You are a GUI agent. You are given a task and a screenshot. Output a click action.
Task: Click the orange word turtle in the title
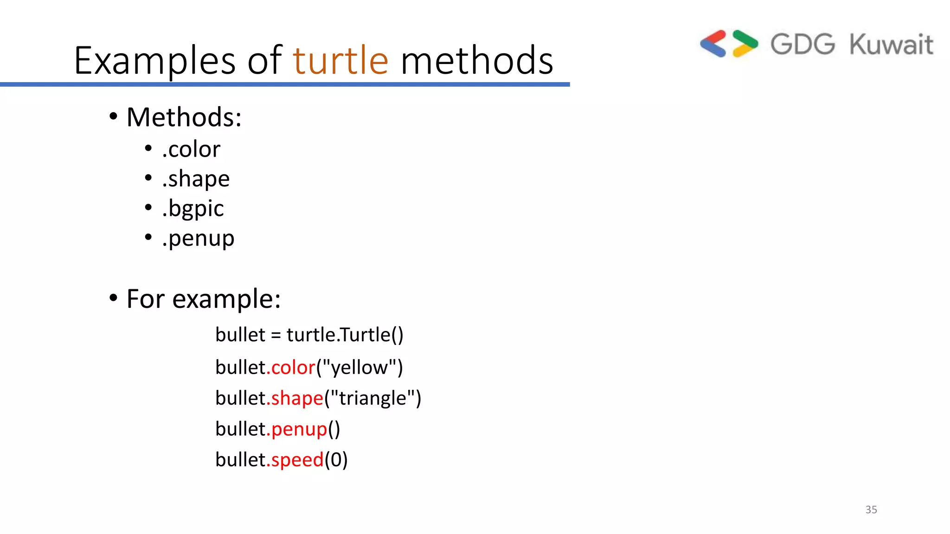(x=340, y=60)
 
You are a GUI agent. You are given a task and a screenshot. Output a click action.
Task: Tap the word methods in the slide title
(x=477, y=60)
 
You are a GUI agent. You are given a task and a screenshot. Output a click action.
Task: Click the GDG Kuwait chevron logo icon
(x=729, y=44)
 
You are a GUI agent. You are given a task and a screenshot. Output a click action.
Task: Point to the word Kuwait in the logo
(x=891, y=44)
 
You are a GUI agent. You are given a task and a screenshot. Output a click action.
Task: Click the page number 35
(x=871, y=509)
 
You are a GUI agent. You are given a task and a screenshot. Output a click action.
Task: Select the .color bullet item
(x=191, y=149)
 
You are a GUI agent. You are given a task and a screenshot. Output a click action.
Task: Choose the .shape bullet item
(x=196, y=179)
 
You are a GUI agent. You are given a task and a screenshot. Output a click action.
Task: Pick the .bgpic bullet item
(x=193, y=209)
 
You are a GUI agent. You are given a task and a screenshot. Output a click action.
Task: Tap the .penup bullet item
(x=198, y=239)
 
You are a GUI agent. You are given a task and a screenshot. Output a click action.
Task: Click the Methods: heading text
(x=184, y=117)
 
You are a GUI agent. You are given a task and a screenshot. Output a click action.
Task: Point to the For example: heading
(x=203, y=299)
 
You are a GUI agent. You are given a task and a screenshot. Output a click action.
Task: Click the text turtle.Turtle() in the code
(x=345, y=335)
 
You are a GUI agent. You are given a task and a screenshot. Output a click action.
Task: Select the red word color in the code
(x=293, y=368)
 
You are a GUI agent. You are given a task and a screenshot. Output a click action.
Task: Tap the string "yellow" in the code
(x=359, y=368)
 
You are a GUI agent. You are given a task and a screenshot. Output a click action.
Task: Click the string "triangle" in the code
(x=372, y=398)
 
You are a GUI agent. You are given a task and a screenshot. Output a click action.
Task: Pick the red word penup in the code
(x=299, y=429)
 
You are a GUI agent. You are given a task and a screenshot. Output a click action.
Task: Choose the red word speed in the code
(x=297, y=460)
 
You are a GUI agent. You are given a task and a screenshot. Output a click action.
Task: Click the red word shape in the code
(x=297, y=398)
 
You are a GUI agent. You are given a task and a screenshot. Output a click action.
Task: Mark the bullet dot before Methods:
(x=113, y=116)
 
